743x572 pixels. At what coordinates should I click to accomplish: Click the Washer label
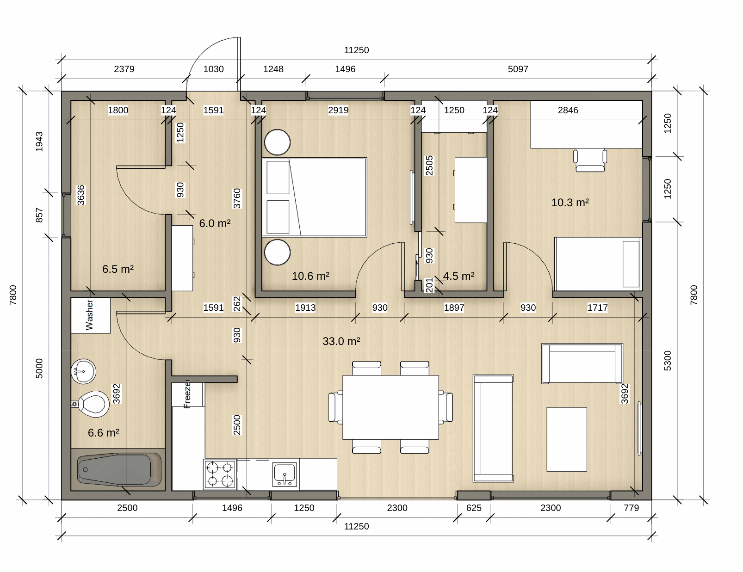click(x=89, y=315)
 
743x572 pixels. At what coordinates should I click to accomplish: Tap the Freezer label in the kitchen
click(x=187, y=394)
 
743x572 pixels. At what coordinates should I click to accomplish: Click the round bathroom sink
click(x=83, y=371)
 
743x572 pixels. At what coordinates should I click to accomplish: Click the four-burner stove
click(x=220, y=474)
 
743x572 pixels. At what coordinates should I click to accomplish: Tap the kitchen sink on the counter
click(x=284, y=474)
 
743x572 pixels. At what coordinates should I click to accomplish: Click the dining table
click(x=390, y=407)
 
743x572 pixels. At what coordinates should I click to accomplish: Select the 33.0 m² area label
click(x=341, y=341)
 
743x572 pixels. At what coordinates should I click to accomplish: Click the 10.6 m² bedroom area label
click(x=310, y=276)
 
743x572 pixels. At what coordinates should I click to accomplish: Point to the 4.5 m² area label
click(x=458, y=276)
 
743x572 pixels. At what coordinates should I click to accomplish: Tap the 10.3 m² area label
click(x=570, y=202)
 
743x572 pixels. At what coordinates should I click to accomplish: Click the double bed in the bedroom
click(x=315, y=197)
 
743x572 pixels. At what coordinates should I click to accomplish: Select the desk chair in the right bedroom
click(x=590, y=160)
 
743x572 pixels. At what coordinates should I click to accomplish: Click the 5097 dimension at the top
click(x=518, y=69)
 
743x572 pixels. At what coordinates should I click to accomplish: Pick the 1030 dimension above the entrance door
click(x=213, y=69)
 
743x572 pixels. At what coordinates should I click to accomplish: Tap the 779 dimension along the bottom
click(x=631, y=508)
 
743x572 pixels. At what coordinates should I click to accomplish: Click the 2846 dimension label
click(x=568, y=110)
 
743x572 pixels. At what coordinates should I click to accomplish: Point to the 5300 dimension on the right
click(x=668, y=361)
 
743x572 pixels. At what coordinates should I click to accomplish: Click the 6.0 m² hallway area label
click(x=215, y=223)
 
